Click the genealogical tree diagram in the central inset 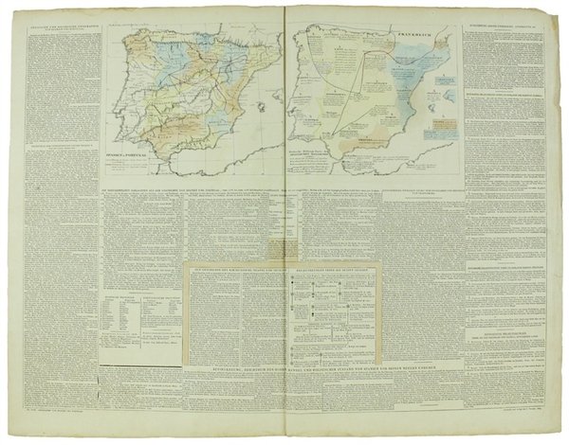[322, 312]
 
